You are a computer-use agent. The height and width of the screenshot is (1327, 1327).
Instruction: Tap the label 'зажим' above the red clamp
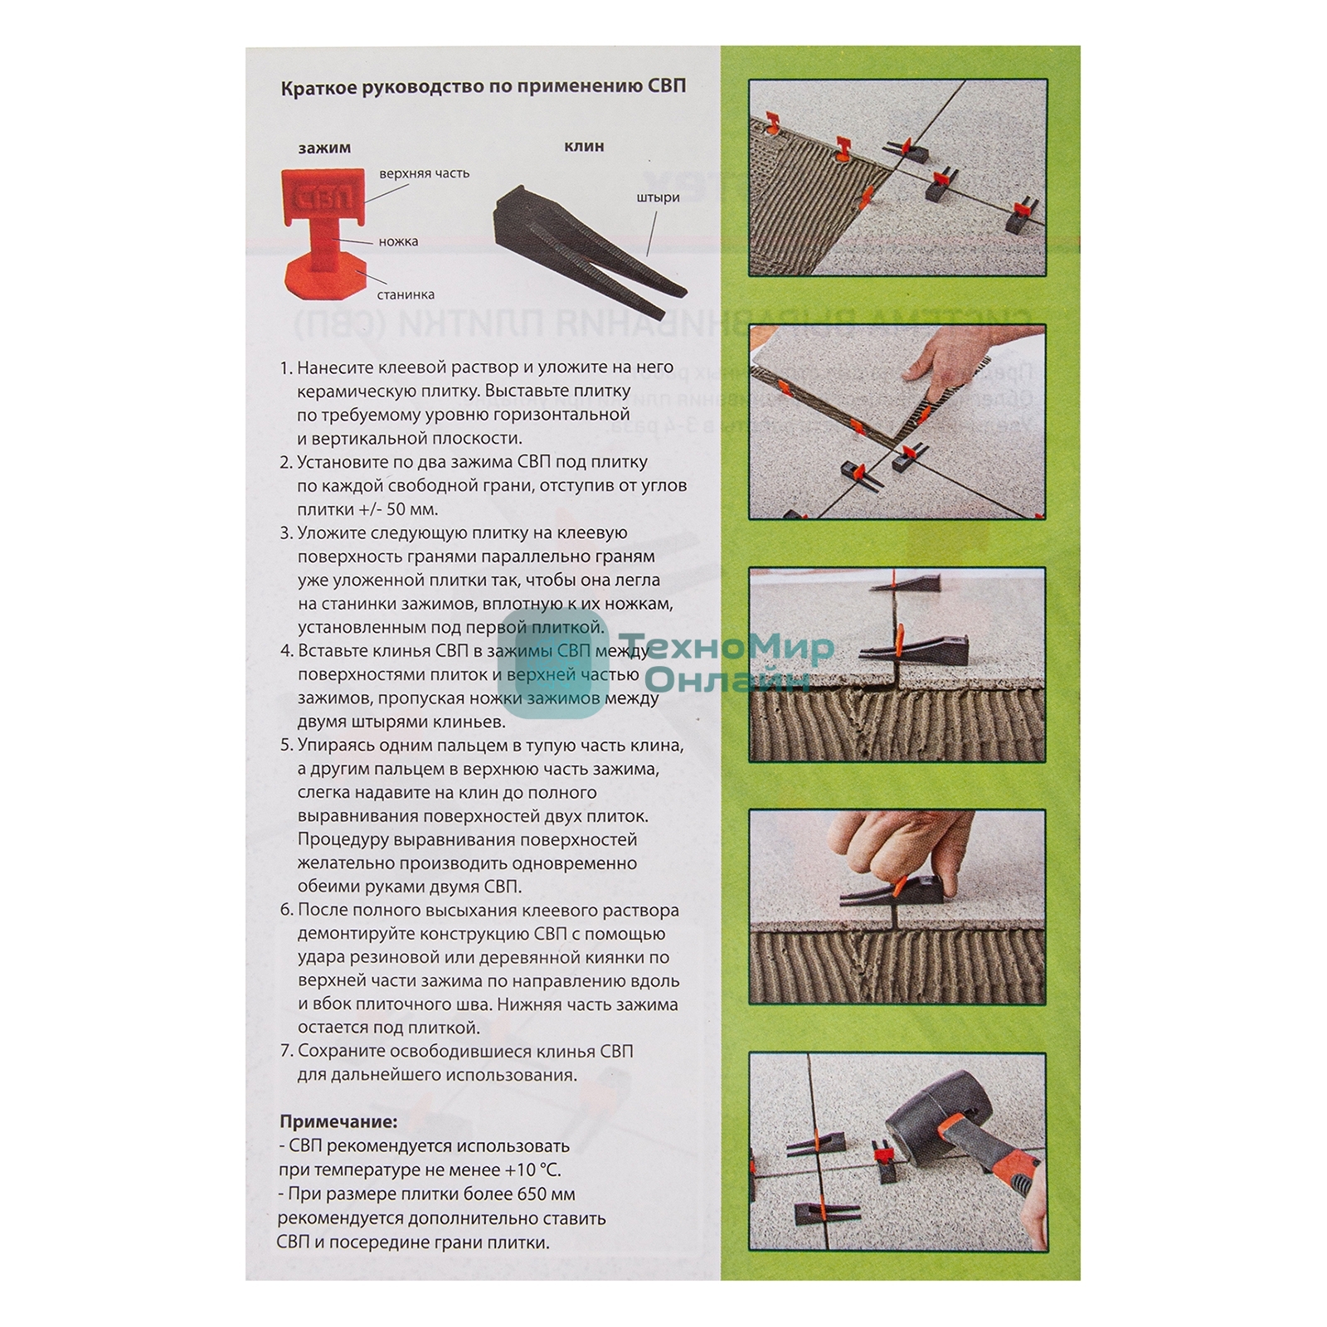click(324, 148)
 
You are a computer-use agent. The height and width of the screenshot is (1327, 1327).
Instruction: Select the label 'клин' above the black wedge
click(584, 146)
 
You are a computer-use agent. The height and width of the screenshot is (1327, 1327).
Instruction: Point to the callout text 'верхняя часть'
click(424, 173)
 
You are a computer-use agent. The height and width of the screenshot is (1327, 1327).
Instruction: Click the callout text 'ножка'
click(398, 241)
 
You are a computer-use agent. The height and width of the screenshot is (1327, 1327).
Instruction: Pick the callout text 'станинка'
click(406, 294)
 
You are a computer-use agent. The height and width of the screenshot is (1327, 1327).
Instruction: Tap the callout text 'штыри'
click(659, 197)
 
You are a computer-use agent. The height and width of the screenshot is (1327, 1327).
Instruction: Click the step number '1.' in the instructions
click(286, 367)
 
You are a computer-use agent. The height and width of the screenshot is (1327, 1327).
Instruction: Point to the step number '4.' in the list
click(287, 650)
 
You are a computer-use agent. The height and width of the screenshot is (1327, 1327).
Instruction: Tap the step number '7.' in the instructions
click(287, 1051)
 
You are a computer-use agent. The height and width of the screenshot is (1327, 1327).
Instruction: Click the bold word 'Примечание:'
click(338, 1121)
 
